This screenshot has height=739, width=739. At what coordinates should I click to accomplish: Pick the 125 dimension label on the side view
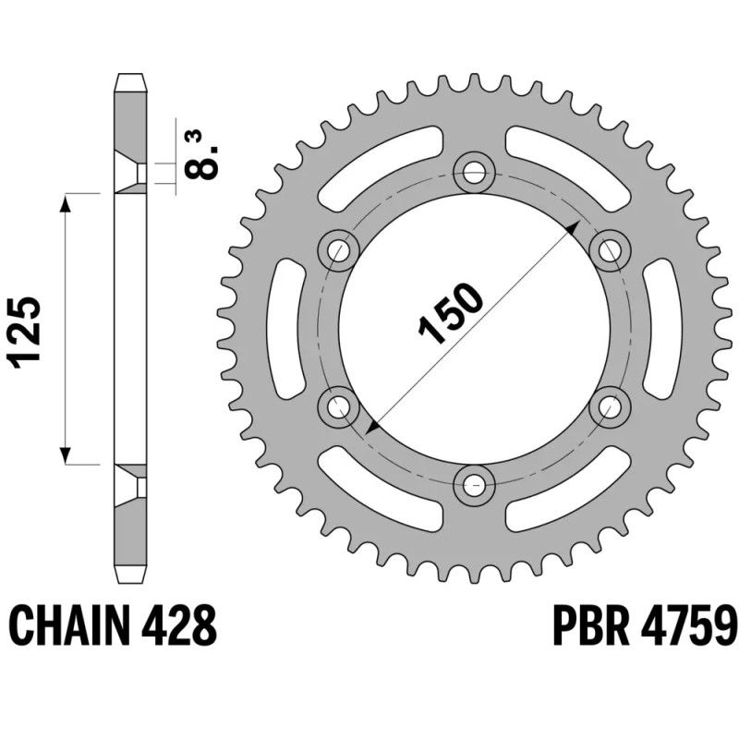click(27, 333)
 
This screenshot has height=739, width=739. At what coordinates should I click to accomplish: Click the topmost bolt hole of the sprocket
click(475, 170)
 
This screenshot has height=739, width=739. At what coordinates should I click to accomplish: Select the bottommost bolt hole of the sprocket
click(475, 481)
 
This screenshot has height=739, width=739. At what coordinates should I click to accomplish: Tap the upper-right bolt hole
click(610, 248)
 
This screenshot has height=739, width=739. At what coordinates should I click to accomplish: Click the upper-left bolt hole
click(339, 248)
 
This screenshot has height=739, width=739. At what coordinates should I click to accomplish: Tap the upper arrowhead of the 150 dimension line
click(574, 227)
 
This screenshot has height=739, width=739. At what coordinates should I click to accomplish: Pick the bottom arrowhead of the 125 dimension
click(67, 455)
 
